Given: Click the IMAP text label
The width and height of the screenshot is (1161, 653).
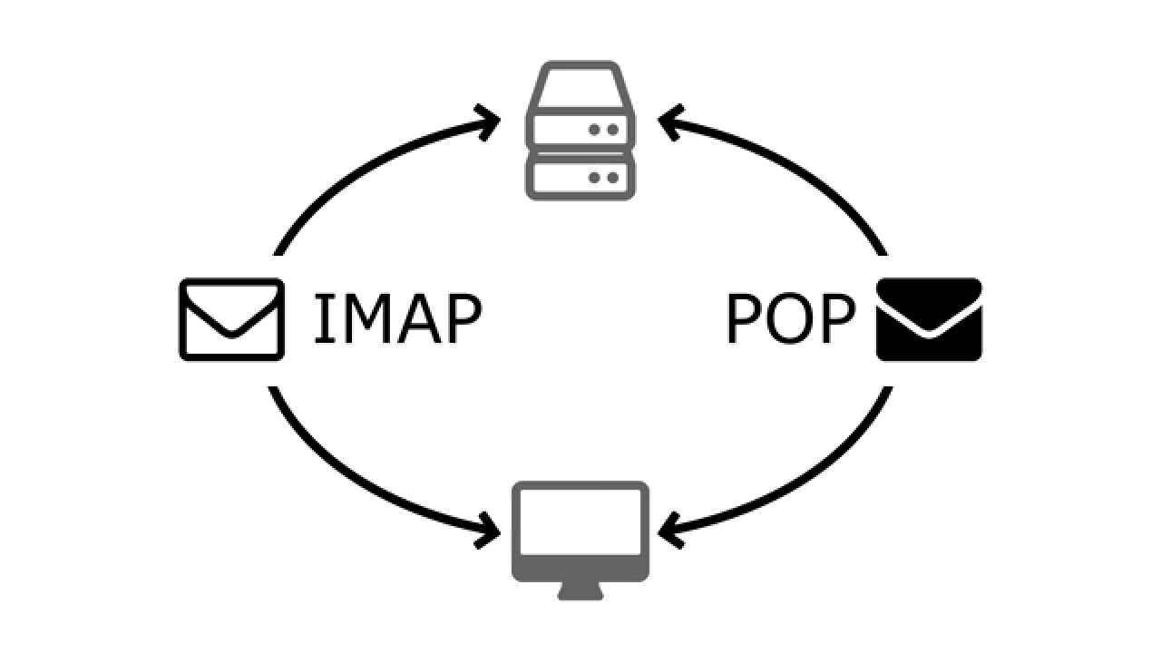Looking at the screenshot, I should [396, 319].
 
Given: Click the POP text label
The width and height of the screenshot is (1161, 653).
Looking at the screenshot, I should [791, 319].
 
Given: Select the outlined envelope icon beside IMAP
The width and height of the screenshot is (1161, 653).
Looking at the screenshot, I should [231, 319].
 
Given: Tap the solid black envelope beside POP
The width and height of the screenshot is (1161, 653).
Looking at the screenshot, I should [929, 319].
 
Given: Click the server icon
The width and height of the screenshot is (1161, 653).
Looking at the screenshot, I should [580, 132].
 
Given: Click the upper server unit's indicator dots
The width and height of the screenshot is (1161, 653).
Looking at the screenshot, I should [603, 130].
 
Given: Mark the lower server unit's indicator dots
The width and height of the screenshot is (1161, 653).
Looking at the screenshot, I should [603, 177].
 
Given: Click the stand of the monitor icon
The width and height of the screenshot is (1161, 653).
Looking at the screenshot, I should [580, 591].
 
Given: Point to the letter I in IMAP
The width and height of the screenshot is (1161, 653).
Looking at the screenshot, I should [322, 319].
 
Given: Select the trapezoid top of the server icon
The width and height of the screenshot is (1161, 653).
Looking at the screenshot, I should [580, 86].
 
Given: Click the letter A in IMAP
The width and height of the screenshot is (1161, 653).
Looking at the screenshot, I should [414, 319].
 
